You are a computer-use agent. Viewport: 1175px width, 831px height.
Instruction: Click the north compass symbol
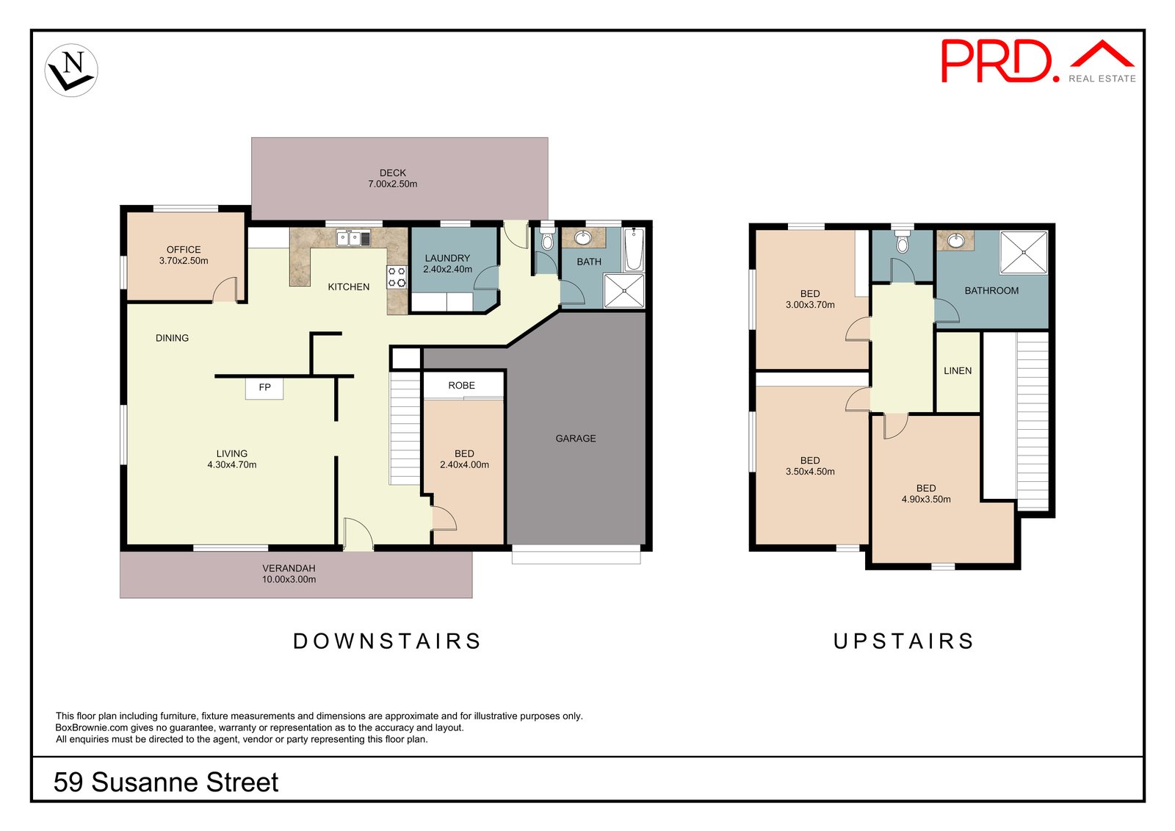tap(71, 71)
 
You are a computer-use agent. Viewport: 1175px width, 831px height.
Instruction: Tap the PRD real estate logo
tap(1037, 61)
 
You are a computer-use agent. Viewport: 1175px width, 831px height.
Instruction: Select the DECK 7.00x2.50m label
tap(393, 179)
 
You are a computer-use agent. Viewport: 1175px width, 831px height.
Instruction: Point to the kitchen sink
tap(354, 238)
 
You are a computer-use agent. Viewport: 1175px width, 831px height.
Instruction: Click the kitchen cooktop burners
tap(397, 277)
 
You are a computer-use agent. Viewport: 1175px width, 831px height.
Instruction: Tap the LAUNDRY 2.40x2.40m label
tap(447, 263)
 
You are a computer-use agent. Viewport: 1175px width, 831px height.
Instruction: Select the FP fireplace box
tap(264, 388)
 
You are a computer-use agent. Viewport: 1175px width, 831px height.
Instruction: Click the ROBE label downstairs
tap(461, 385)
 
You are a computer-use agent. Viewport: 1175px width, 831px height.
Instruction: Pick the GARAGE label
tap(575, 438)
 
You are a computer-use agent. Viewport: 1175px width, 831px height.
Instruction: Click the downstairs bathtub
tap(634, 250)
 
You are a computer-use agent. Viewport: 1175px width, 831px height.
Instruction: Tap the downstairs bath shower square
tap(623, 290)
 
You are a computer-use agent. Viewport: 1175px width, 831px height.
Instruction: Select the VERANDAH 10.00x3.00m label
tap(289, 574)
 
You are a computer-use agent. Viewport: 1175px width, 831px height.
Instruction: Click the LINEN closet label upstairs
tap(957, 371)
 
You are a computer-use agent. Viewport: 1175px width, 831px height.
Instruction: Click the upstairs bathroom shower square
tap(1024, 253)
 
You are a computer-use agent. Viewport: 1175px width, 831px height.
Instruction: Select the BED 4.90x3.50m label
tap(925, 494)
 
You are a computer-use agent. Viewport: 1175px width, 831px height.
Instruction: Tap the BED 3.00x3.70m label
tap(810, 299)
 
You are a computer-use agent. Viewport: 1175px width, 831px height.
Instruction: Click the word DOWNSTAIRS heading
tap(387, 641)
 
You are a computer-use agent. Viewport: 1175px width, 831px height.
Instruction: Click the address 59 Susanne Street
tap(166, 782)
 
